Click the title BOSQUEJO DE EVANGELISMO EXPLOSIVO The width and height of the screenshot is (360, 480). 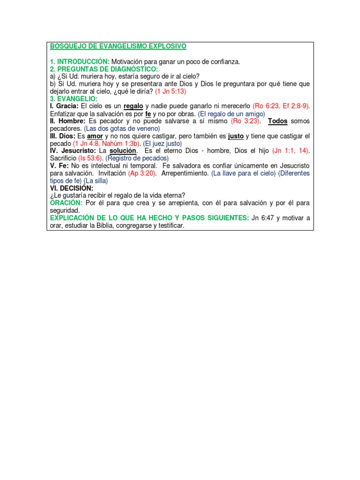coord(118,46)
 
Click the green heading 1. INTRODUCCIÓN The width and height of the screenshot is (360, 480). coord(79,61)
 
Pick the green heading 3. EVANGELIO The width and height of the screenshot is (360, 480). coord(74,99)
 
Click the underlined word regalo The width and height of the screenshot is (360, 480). coord(133,106)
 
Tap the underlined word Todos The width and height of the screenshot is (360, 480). coord(277,121)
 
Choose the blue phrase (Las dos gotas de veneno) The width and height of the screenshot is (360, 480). coord(122,128)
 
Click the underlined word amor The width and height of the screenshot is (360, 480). coord(95,136)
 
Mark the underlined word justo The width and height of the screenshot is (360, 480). coord(236,136)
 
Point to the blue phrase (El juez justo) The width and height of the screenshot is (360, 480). coord(162,143)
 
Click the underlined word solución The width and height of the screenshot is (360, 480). coord(123,151)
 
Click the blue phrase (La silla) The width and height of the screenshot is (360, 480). coord(96,181)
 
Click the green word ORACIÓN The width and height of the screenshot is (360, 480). coord(66,203)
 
